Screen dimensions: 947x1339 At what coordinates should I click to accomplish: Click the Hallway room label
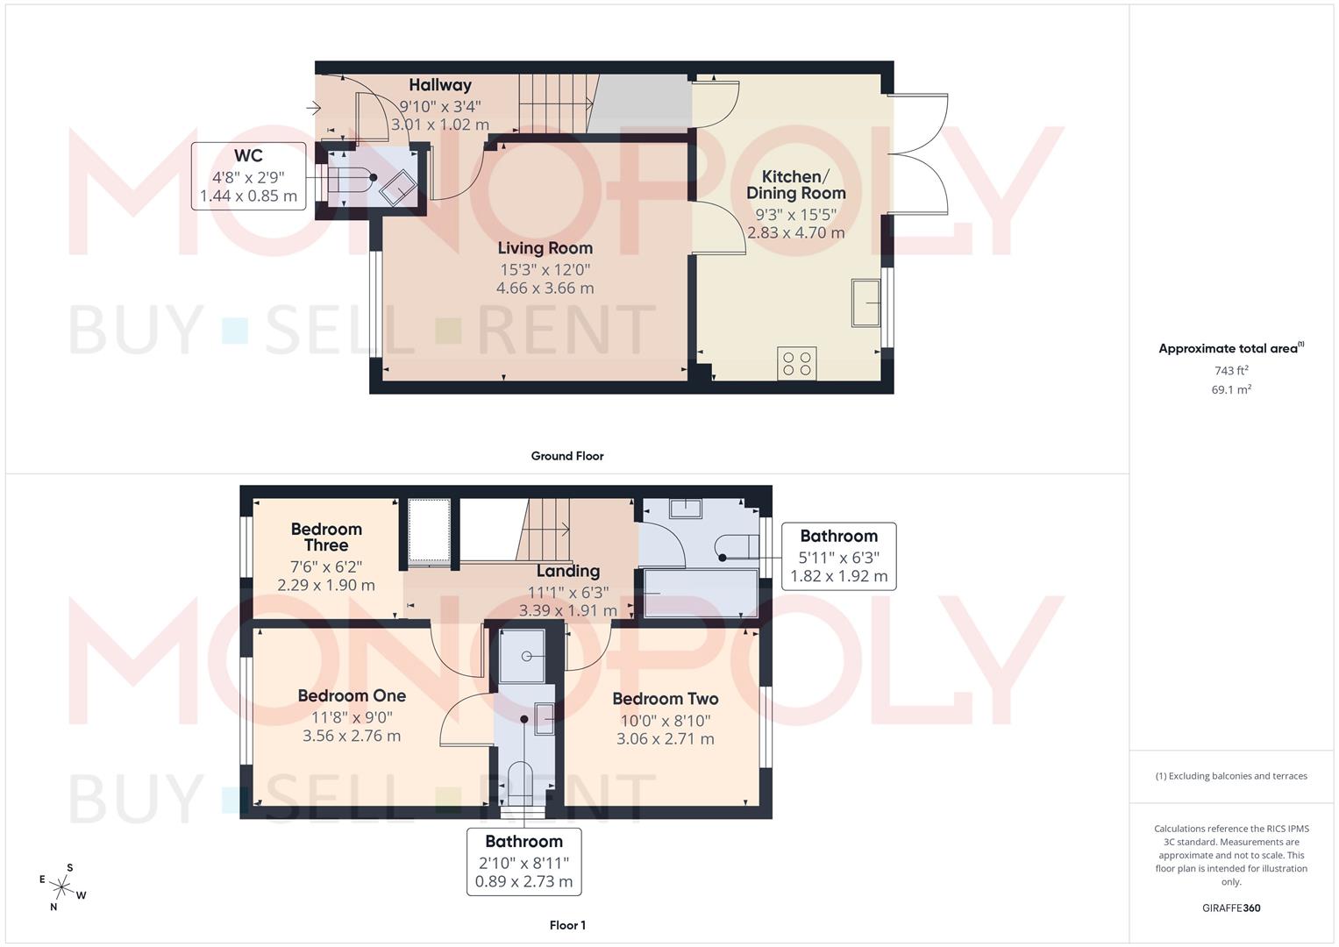(x=439, y=85)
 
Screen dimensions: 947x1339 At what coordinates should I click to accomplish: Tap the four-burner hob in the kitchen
(x=797, y=364)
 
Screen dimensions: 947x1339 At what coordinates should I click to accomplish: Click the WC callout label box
(x=248, y=176)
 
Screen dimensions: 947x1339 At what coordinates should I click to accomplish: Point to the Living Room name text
(x=545, y=248)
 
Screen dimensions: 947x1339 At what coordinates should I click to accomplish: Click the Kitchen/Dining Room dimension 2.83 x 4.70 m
(x=795, y=233)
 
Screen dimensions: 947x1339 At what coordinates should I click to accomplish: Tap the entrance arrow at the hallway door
(x=313, y=109)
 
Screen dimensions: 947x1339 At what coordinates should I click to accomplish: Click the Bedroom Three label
(x=326, y=537)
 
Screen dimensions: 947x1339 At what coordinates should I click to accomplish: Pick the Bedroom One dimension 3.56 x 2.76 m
(x=351, y=736)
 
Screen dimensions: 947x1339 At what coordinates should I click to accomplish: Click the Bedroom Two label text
(x=665, y=699)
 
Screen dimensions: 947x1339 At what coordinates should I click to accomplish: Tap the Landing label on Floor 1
(x=567, y=571)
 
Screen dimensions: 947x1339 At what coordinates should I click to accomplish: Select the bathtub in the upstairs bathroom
(x=701, y=594)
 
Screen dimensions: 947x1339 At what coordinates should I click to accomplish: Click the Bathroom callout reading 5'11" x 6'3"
(x=838, y=556)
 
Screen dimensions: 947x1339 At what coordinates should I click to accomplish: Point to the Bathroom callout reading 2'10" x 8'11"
(x=523, y=861)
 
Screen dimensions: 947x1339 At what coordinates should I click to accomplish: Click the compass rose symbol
(x=62, y=887)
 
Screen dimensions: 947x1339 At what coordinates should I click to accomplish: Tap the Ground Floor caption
(x=566, y=456)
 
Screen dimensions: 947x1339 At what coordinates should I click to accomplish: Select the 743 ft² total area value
(x=1230, y=371)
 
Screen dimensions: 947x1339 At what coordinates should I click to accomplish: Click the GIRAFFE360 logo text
(x=1230, y=908)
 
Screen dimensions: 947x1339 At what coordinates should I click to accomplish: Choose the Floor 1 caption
(x=566, y=925)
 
